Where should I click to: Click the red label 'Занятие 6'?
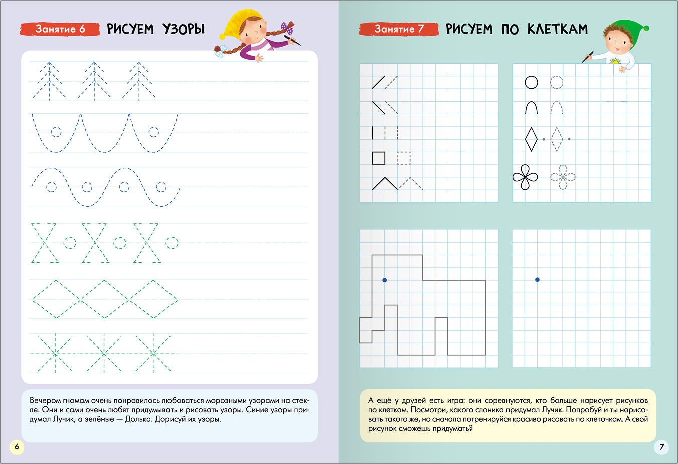(x=60, y=29)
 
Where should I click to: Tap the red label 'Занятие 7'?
(x=399, y=29)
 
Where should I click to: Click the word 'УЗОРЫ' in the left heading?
(x=184, y=29)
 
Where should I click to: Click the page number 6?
(x=16, y=447)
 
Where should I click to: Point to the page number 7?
(x=661, y=447)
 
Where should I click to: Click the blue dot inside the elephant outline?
(x=385, y=280)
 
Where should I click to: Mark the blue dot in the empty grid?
(x=537, y=279)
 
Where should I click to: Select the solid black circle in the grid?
(x=531, y=82)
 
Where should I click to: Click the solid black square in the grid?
(x=379, y=158)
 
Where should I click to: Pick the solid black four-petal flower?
(x=525, y=177)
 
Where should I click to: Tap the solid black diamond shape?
(x=531, y=139)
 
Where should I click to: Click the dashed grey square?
(x=404, y=158)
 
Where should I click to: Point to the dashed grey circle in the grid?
(x=556, y=82)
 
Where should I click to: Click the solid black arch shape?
(x=531, y=107)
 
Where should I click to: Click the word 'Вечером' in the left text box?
(x=46, y=401)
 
